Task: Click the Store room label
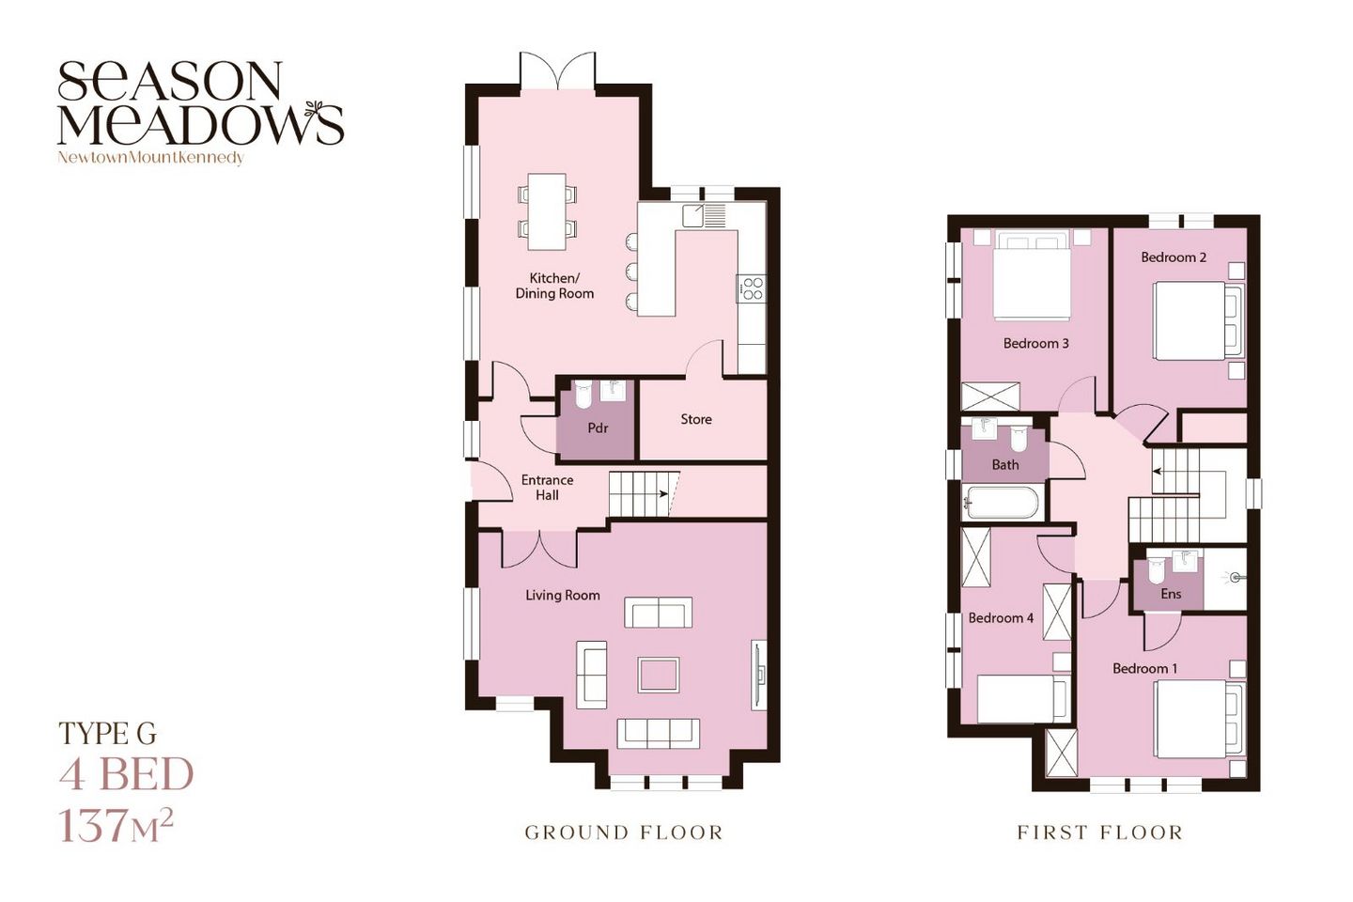[x=696, y=419]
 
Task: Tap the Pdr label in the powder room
[x=598, y=428]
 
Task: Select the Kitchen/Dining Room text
[x=554, y=286]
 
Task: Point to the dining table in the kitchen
[x=547, y=211]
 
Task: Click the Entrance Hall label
[x=547, y=488]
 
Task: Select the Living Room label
[x=562, y=595]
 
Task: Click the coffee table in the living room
[x=659, y=675]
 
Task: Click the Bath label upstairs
[x=1005, y=465]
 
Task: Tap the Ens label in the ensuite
[x=1171, y=594]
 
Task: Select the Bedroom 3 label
[x=1035, y=344]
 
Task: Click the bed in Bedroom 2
[x=1198, y=320]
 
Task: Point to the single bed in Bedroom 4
[x=1022, y=698]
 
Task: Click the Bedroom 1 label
[x=1144, y=669]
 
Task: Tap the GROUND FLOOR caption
[x=624, y=832]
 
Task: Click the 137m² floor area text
[x=116, y=824]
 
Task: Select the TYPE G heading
[x=107, y=734]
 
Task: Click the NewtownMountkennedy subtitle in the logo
[x=150, y=158]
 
